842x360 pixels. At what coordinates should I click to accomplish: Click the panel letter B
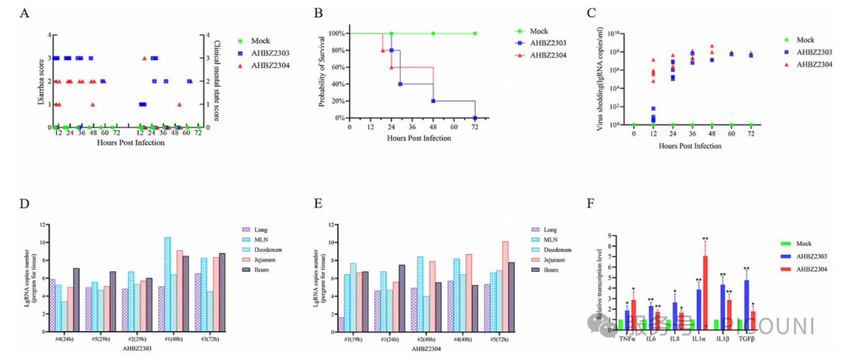318,13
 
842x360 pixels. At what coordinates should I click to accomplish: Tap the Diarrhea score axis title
38,80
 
